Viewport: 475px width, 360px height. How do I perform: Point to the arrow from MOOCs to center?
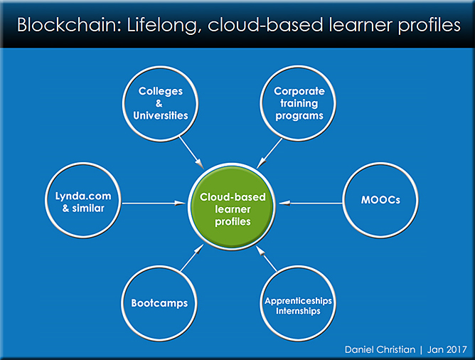[x=311, y=203]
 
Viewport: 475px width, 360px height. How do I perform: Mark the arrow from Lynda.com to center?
[x=154, y=203]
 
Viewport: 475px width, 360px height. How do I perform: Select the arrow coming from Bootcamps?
[x=192, y=258]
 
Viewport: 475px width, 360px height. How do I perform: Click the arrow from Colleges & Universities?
[x=191, y=152]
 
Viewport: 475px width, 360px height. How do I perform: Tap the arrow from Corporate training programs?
[x=269, y=154]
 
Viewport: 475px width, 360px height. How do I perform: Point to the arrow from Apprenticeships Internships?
[x=266, y=258]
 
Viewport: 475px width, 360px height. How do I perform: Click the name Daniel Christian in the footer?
[x=380, y=350]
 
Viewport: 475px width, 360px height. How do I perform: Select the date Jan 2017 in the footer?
[x=447, y=350]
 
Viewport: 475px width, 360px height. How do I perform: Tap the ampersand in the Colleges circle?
[x=159, y=104]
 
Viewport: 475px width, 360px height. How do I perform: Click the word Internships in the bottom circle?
[x=298, y=311]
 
